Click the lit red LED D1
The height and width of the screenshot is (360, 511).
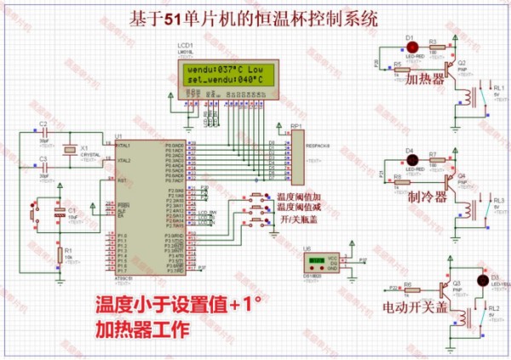[x=409, y=49]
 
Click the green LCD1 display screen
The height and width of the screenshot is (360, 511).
[x=223, y=73]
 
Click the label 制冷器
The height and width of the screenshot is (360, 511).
[x=427, y=197]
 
